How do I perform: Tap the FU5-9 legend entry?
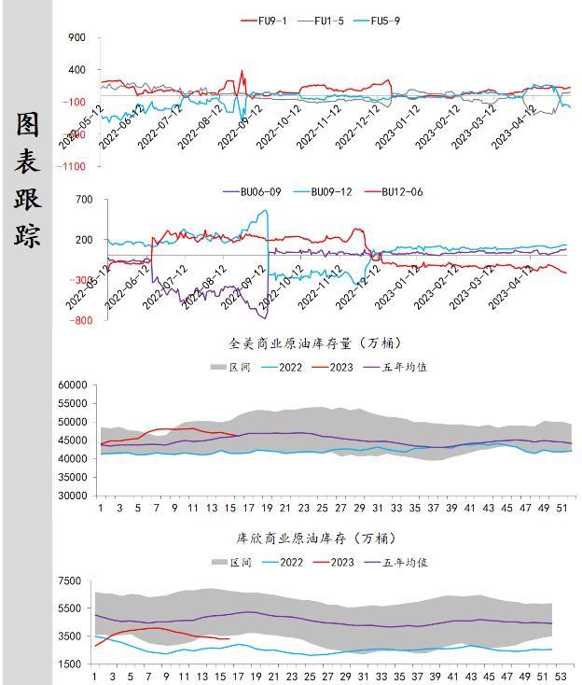point(385,21)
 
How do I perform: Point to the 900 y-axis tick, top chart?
point(76,38)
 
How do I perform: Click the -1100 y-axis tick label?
point(71,166)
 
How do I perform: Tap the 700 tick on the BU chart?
point(84,200)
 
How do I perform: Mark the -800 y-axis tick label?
point(81,321)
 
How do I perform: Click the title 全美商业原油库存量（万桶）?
point(316,344)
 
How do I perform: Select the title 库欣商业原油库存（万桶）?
point(316,538)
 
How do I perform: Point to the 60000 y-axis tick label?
point(73,384)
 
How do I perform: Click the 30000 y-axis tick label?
point(73,496)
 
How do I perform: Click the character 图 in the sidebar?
point(27,124)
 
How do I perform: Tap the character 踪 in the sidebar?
point(27,233)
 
